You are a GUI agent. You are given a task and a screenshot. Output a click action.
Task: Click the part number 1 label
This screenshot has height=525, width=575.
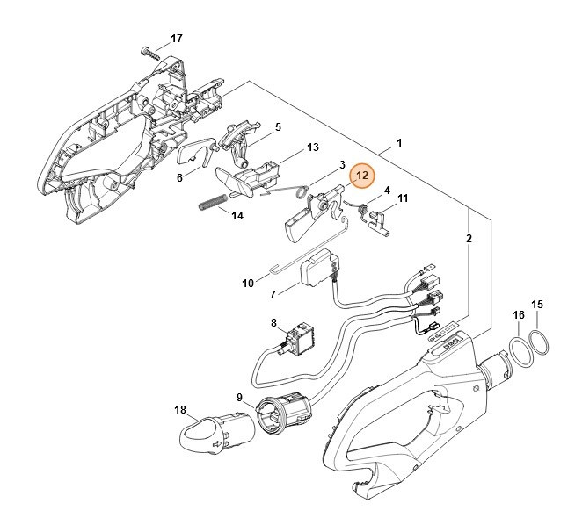pos(399,142)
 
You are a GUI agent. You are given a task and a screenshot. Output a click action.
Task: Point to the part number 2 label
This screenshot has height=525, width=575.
pos(469,238)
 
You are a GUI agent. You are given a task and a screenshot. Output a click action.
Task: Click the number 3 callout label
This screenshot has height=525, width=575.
pos(341,164)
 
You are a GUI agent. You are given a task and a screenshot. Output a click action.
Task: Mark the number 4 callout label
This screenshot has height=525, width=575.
pos(387,190)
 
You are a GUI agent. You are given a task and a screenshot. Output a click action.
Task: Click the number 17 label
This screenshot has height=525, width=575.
pos(177,39)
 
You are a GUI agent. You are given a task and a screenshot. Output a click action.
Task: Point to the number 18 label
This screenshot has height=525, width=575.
pos(180,409)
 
